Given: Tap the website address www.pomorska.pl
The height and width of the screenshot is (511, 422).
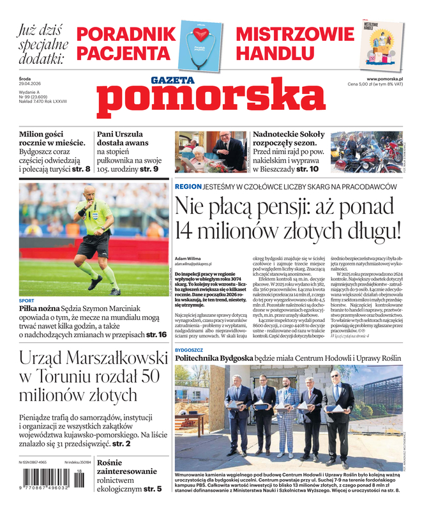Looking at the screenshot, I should point(389,78).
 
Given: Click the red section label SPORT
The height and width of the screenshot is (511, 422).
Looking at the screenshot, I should point(27,300).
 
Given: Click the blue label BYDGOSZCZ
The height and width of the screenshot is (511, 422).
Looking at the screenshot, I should point(189,351).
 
